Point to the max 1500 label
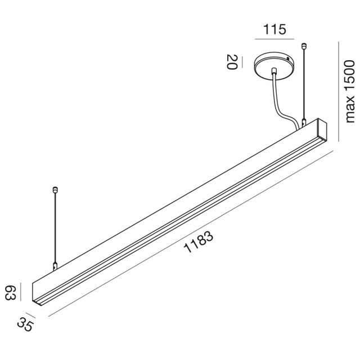pos(350,91)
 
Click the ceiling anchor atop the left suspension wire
pos(55,189)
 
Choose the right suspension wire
pos(304,84)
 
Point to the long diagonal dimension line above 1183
pos(191,231)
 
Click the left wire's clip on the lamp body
pos(55,266)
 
